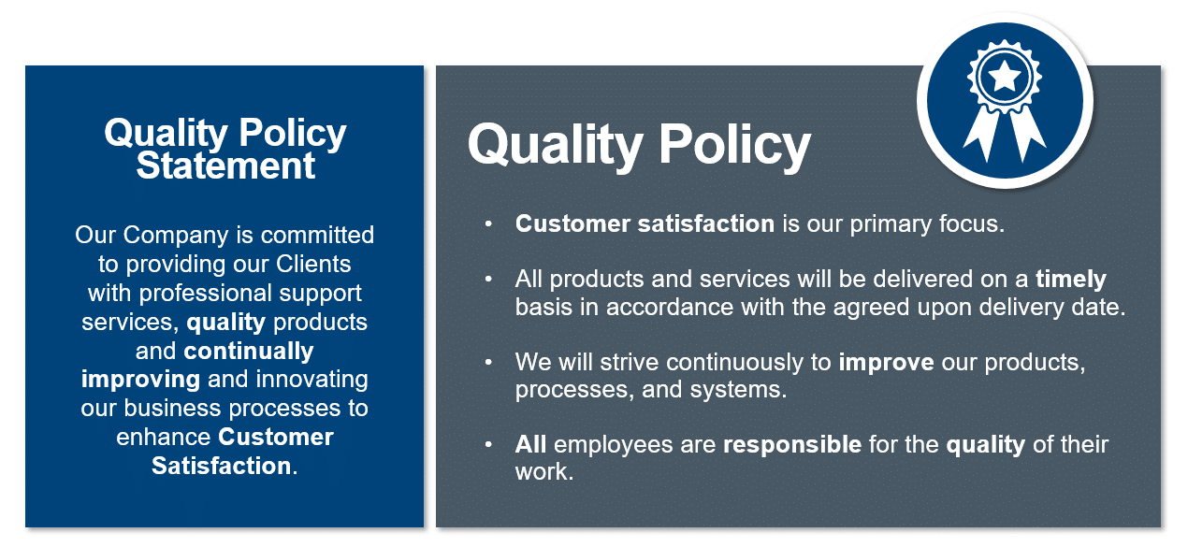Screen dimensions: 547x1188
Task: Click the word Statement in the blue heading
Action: (x=225, y=166)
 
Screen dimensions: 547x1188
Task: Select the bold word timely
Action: (x=1071, y=279)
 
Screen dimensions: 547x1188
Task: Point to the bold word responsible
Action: (x=792, y=444)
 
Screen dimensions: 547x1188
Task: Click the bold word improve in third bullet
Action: (x=886, y=362)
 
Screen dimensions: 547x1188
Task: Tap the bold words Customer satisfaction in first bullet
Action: (x=645, y=224)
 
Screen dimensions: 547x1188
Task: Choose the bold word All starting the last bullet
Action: (x=530, y=444)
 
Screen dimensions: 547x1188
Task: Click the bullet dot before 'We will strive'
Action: (x=487, y=362)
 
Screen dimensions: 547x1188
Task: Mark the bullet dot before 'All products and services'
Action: (x=487, y=280)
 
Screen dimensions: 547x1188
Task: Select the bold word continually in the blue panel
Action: (x=249, y=351)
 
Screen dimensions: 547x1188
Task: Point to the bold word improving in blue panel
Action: (x=140, y=379)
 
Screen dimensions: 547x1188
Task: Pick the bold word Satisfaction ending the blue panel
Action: (x=222, y=466)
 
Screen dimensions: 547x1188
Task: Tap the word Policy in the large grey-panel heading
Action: (x=735, y=145)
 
